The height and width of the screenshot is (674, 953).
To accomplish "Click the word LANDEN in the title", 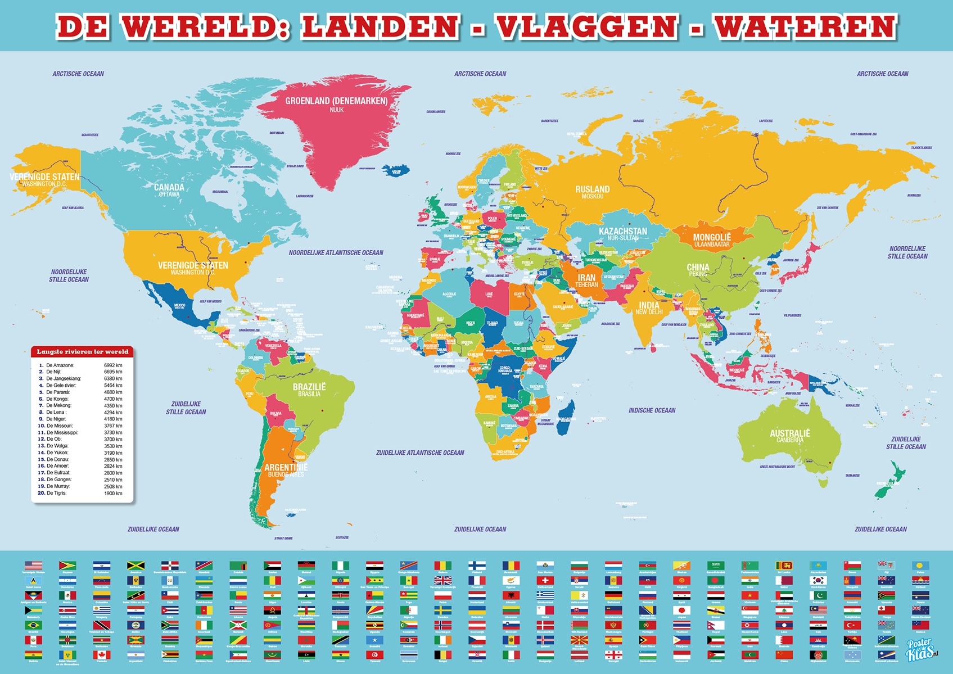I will pos(381,27).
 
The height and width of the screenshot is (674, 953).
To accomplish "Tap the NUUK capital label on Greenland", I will pos(336,110).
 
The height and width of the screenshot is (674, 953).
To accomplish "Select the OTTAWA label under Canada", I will pos(169,194).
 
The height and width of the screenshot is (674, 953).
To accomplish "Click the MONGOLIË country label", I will pos(712,237).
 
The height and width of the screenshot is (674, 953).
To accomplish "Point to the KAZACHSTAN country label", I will pos(622,231).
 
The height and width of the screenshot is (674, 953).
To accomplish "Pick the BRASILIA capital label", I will pos(309,394).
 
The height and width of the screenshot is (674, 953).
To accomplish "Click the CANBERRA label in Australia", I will pos(789,440).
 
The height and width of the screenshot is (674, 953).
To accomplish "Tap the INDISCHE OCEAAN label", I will pos(652,410).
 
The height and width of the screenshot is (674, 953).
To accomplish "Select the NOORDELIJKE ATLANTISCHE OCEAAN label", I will pos(336,253).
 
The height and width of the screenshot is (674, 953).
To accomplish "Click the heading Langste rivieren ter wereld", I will pos(83,352).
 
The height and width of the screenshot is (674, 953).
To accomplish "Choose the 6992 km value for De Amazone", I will pos(112,365).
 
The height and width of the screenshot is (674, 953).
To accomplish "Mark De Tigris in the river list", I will pos(56,493).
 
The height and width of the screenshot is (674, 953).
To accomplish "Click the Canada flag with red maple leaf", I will pos(102,655).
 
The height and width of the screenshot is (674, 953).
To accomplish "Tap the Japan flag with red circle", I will pos(681,610).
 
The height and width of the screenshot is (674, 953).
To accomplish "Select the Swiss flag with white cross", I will pos(545,580).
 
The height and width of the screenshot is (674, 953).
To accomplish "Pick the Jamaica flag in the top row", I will pos(136,566).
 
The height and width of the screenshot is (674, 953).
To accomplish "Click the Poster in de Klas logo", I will pos(920,650).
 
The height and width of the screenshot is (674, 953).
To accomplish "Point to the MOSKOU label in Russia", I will pos(592,197).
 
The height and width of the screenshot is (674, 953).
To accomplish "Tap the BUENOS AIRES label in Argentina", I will pos(286,475).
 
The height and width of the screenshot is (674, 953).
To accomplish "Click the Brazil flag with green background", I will pos(33,625).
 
